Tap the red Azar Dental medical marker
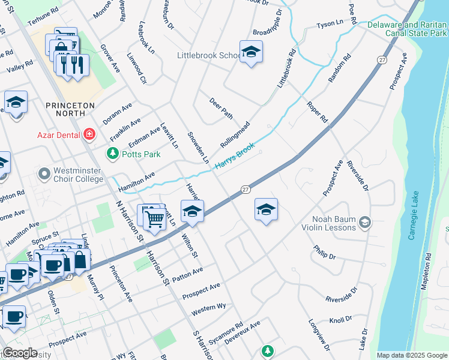(89, 134)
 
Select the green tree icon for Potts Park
(112, 154)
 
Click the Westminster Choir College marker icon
(44, 174)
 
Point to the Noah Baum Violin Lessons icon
(364, 224)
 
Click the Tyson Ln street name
(330, 25)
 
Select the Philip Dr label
(324, 252)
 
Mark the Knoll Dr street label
(340, 320)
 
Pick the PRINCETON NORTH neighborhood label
(70, 110)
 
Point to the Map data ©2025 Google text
(411, 355)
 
